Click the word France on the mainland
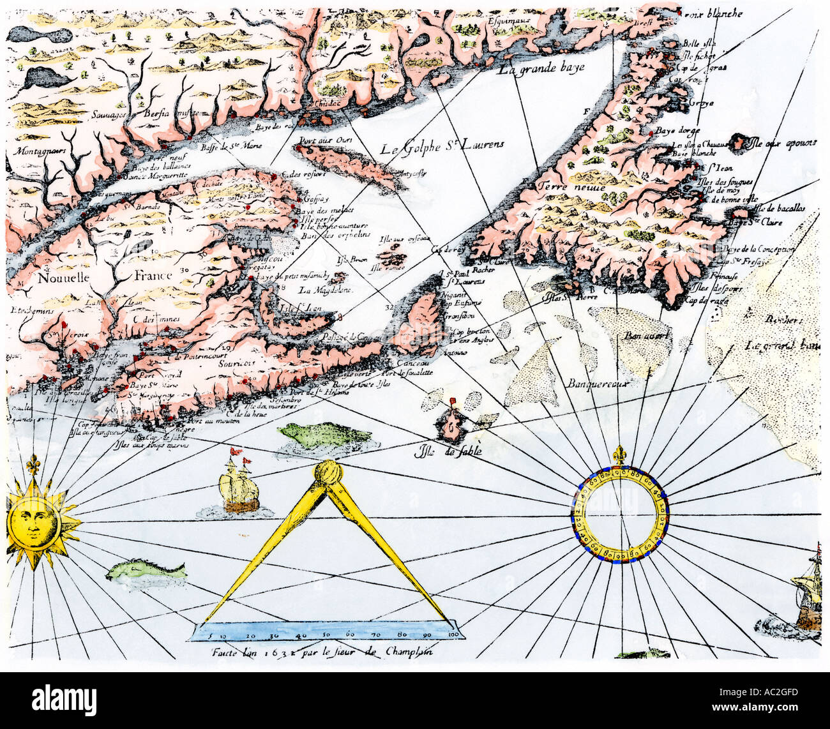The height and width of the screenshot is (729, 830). (153, 275)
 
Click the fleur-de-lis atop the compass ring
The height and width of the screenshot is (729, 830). (618, 455)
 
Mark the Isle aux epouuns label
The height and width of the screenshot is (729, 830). (783, 143)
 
